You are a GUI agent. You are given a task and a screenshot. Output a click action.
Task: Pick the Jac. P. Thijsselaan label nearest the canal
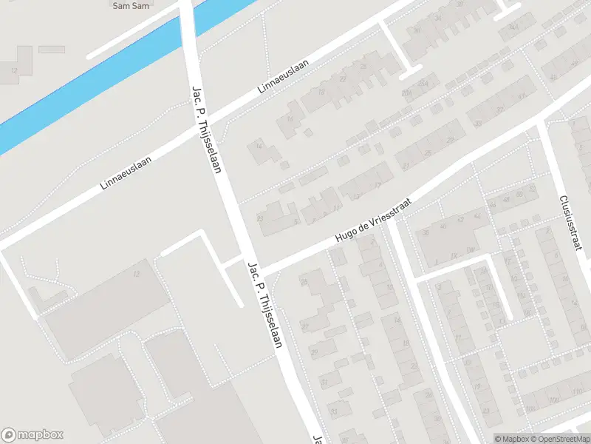pyautogui.click(x=207, y=127)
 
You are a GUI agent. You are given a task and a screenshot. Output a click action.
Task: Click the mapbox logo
pyautogui.click(x=33, y=435)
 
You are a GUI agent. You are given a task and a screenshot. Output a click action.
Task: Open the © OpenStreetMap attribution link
pyautogui.click(x=560, y=439)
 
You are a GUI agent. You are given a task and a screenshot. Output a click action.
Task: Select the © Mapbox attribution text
pyautogui.click(x=511, y=439)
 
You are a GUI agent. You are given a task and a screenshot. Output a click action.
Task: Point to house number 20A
pyautogui.click(x=406, y=93)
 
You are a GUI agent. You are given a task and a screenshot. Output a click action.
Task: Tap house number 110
pyautogui.click(x=575, y=390)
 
